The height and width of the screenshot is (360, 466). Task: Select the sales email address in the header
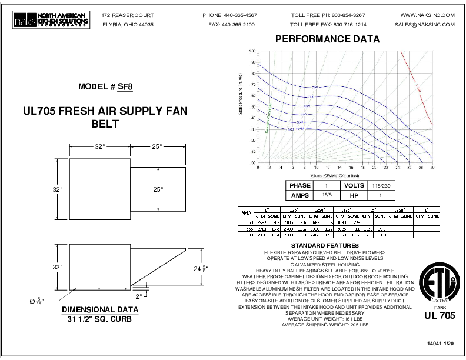(x=425, y=25)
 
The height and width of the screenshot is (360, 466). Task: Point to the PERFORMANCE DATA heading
(x=328, y=40)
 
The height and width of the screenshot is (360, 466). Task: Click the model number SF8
(x=125, y=86)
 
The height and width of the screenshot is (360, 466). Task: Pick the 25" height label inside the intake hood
(x=158, y=189)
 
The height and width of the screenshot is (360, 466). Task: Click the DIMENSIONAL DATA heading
(x=100, y=309)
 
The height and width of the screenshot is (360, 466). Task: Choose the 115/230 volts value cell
(x=380, y=185)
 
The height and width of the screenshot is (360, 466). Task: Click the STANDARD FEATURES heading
(x=325, y=245)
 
